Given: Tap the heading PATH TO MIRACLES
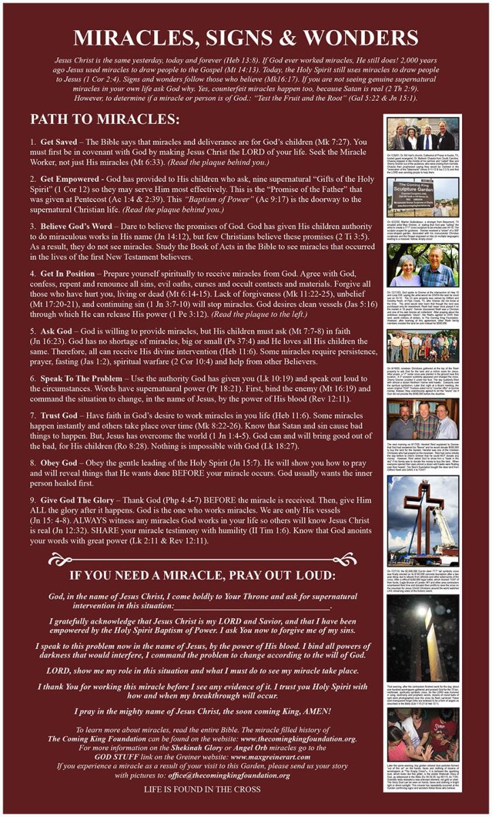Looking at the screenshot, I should click(104, 120).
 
